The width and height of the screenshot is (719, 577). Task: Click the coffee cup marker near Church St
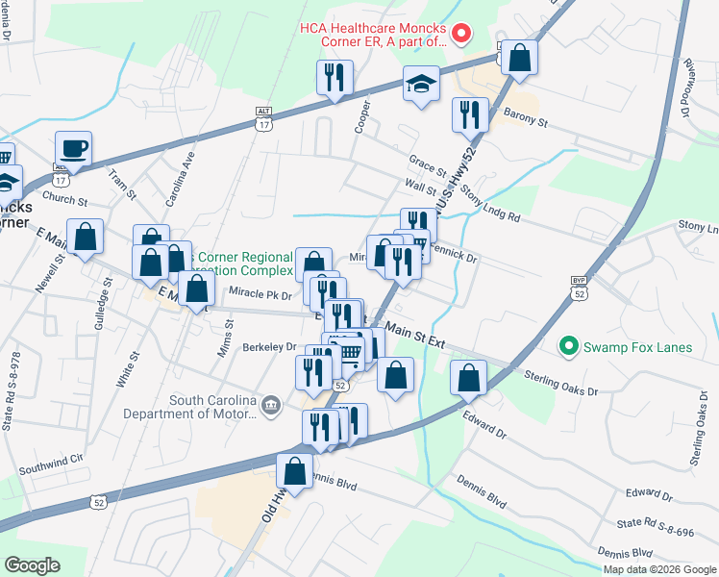pyautogui.click(x=73, y=149)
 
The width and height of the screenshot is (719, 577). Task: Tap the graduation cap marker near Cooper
pyautogui.click(x=421, y=84)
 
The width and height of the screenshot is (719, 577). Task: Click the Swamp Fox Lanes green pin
pyautogui.click(x=568, y=343)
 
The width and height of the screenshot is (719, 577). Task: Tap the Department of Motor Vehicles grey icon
pyautogui.click(x=272, y=405)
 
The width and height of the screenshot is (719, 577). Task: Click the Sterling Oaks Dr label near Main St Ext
pyautogui.click(x=561, y=385)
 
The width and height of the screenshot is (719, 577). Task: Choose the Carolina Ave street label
pyautogui.click(x=179, y=179)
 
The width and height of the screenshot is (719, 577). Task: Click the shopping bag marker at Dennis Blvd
pyautogui.click(x=294, y=471)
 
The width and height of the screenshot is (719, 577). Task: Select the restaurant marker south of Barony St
pyautogui.click(x=470, y=114)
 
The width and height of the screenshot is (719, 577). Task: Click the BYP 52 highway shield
pyautogui.click(x=578, y=288)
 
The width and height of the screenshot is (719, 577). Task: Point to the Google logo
pyautogui.click(x=33, y=565)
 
